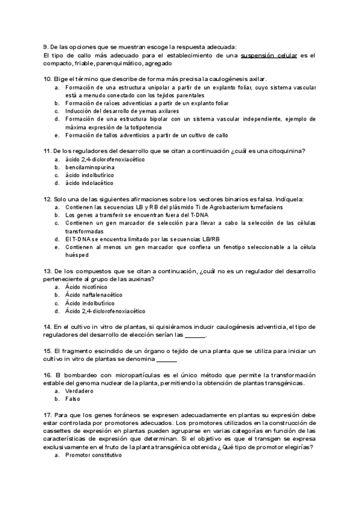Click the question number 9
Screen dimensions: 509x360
pos(46,47)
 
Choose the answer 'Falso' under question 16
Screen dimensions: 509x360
pos(73,399)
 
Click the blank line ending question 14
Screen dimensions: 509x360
pos(196,336)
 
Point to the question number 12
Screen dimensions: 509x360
pos(48,199)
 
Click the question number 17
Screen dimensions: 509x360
pos(48,414)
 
